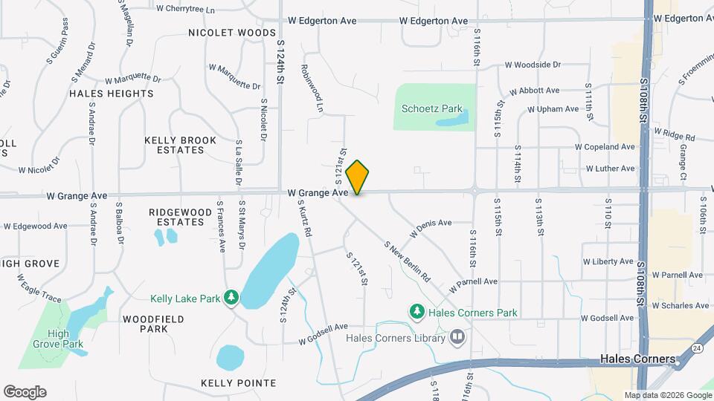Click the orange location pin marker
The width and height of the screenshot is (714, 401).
358,177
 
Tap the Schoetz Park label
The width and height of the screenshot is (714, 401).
432,108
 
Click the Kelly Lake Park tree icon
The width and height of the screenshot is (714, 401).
232,299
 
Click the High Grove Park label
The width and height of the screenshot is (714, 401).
57,339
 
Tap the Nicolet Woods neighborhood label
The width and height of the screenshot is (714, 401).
231,33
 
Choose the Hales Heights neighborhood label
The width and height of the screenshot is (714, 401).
112,94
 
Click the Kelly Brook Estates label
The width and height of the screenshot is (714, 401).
180,145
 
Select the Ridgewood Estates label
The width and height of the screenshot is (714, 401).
176,217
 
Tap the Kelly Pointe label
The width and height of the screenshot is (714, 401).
238,383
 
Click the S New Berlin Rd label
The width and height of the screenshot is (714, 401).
408,261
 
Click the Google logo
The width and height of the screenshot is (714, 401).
25,391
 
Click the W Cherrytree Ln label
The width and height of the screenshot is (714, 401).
185,10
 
